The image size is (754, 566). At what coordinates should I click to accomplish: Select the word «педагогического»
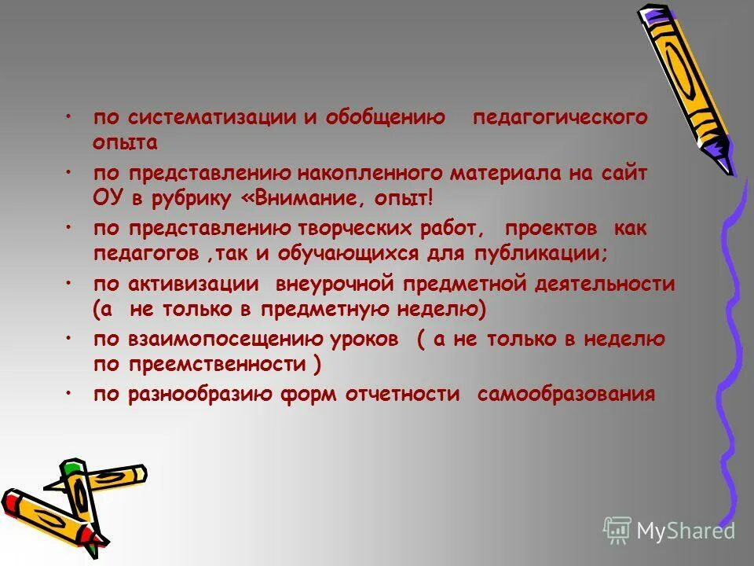pos(560,118)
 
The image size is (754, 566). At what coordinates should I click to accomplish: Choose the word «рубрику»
pos(188,199)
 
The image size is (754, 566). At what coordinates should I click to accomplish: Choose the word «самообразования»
pos(565,395)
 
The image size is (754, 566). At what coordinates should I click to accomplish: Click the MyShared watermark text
pos(685,531)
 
